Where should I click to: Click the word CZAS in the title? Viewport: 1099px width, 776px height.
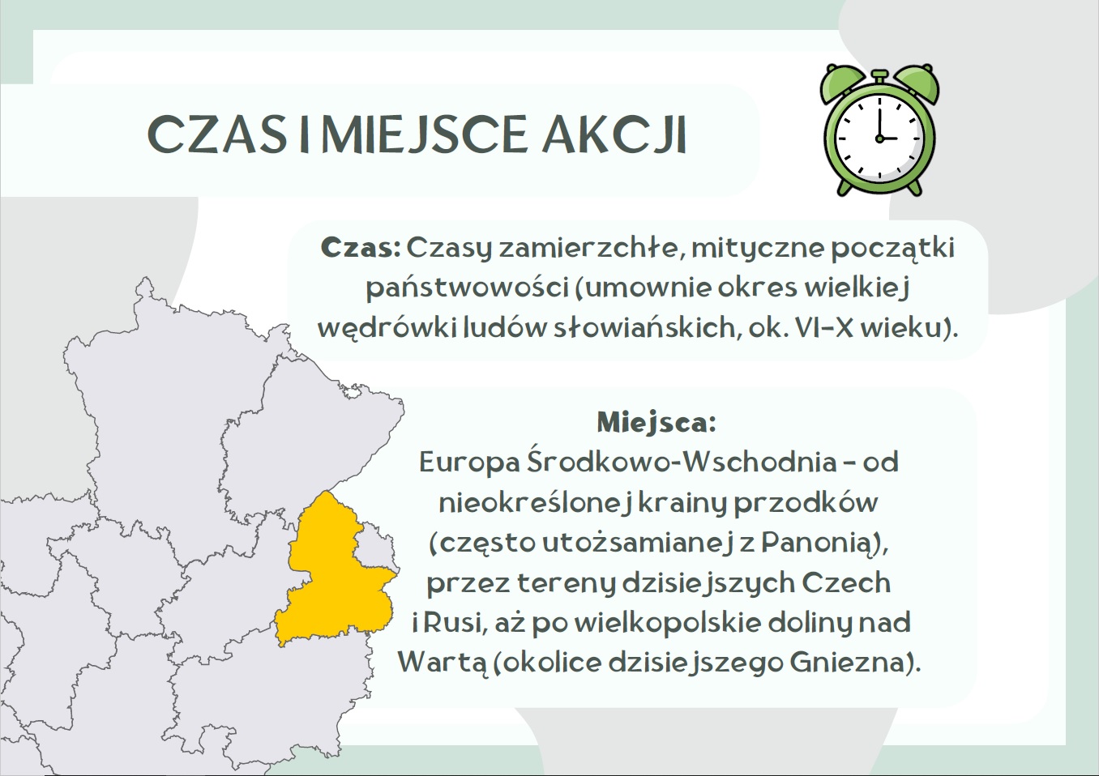(216, 134)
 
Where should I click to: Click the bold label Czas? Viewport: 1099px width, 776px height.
(361, 248)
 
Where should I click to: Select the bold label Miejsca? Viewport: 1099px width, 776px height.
(656, 422)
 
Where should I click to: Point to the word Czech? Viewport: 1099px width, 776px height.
(846, 583)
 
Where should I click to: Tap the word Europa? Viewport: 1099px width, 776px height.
(469, 463)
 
